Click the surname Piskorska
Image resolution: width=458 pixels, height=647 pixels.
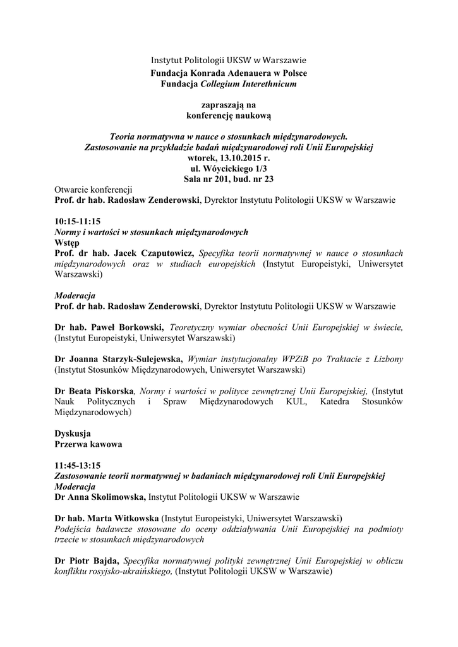coord(111,390)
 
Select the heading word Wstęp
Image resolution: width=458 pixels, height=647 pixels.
coord(67,242)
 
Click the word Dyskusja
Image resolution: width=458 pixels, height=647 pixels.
coord(73,433)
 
